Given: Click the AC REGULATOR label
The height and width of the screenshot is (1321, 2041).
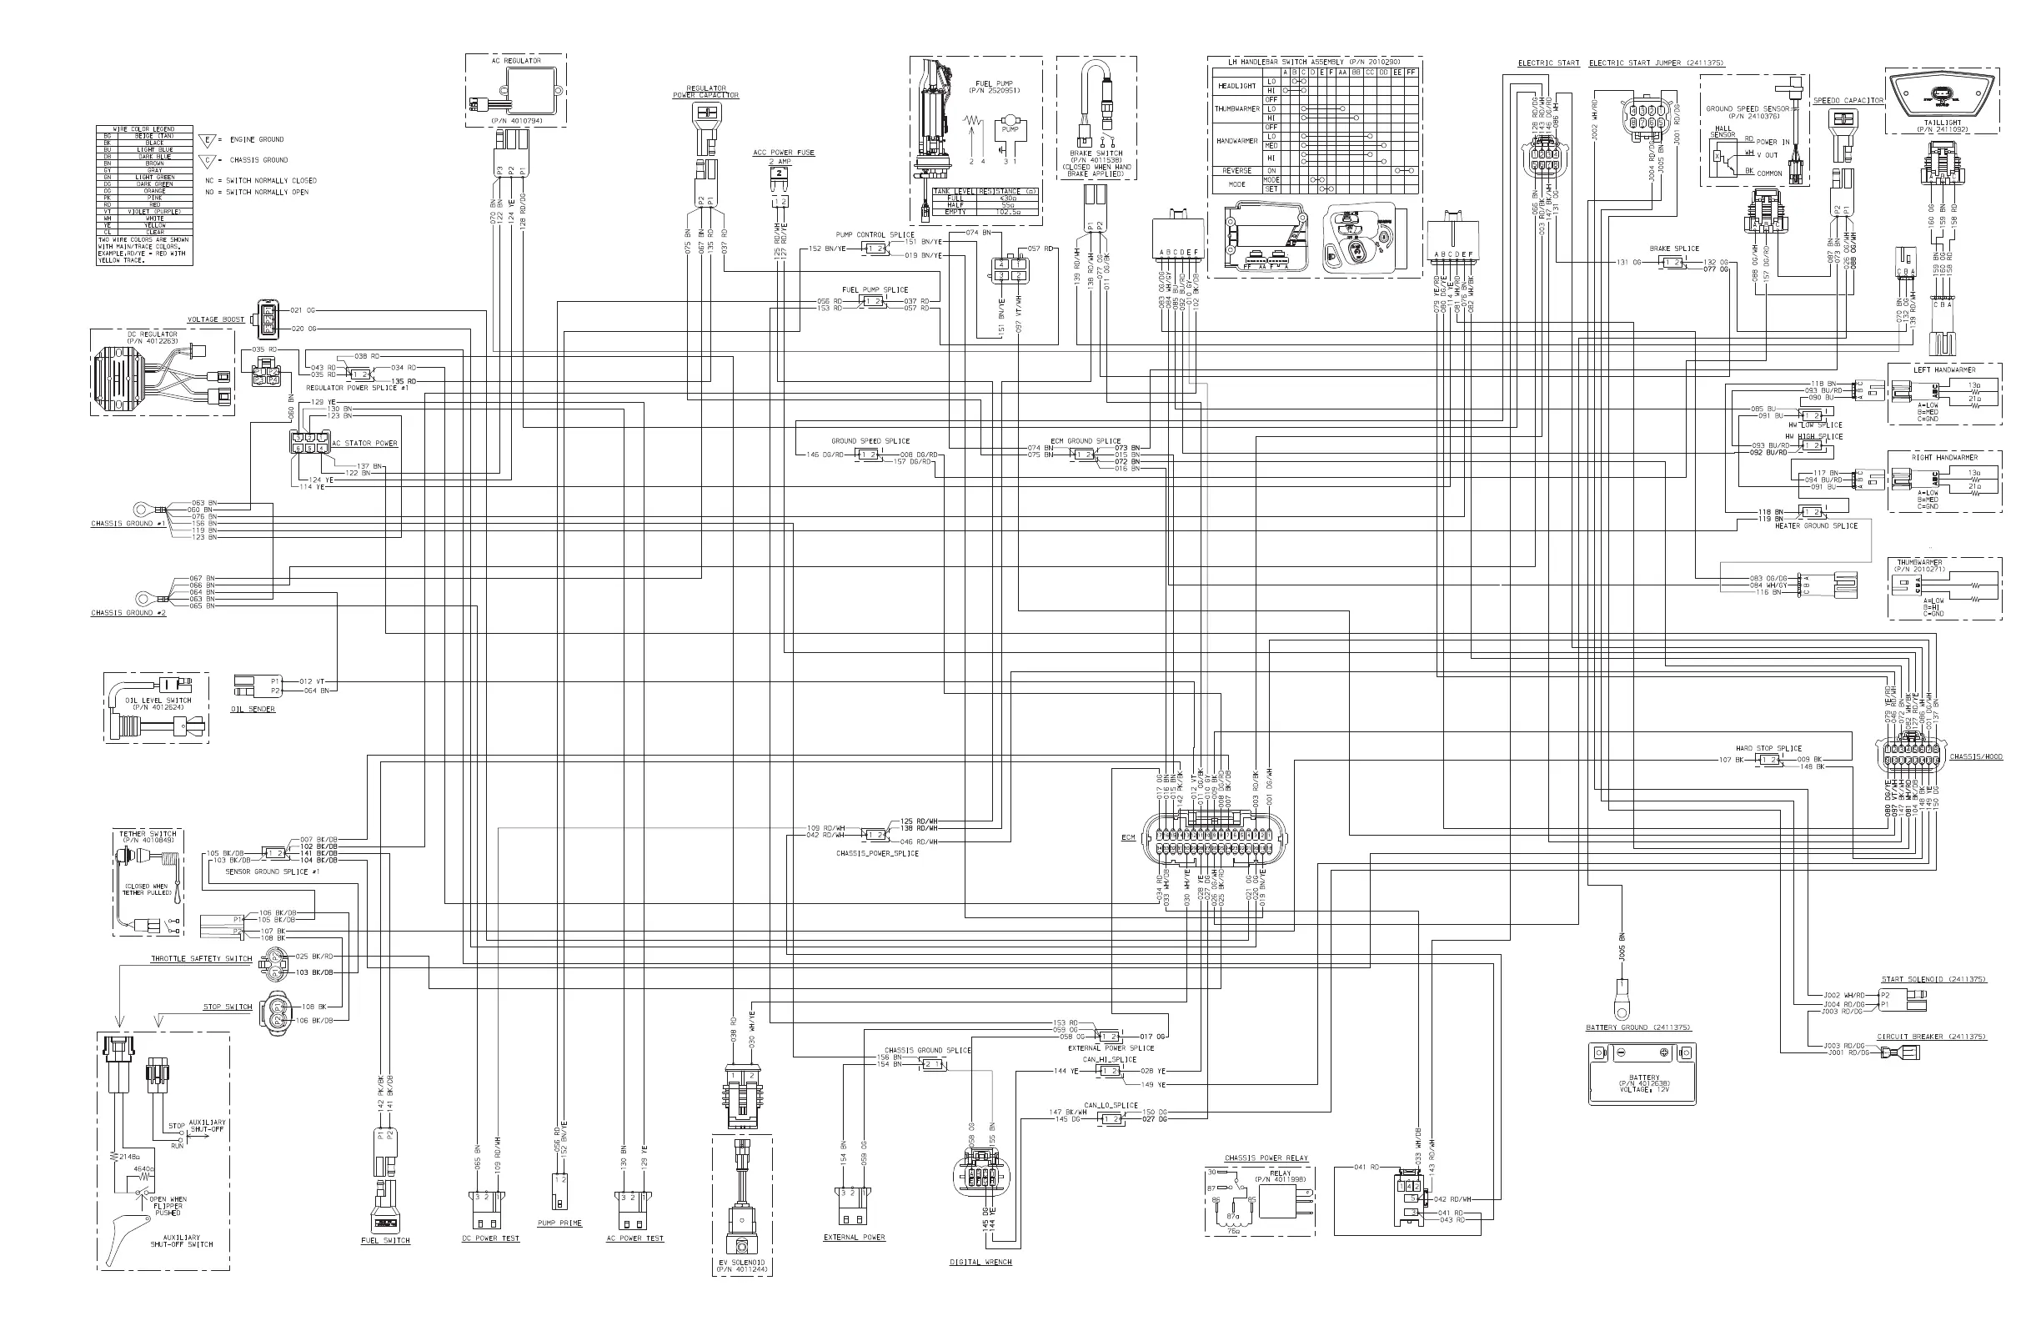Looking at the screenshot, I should (515, 61).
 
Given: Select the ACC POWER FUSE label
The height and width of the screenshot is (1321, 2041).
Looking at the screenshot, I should (784, 153).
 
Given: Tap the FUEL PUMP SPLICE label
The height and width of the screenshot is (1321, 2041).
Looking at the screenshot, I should (875, 290).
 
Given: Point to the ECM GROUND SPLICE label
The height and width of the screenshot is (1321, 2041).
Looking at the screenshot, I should (1085, 441).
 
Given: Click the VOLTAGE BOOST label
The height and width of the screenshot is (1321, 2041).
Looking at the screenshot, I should (216, 320).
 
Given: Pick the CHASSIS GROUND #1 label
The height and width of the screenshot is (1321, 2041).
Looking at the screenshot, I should (128, 523).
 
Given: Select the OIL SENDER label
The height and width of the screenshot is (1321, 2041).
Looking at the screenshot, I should (253, 710).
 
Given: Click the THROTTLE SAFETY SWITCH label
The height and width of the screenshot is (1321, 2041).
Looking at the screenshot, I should (202, 959).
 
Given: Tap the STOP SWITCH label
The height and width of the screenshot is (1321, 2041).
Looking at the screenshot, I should (228, 1007).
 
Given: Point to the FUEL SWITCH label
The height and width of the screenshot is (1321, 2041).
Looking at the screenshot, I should (385, 1240).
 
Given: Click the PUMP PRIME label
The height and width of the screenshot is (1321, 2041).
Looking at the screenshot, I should (559, 1223).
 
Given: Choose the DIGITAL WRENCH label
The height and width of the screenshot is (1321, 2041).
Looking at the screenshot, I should (980, 1262).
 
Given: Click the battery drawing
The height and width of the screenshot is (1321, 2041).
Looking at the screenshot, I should (1642, 1074).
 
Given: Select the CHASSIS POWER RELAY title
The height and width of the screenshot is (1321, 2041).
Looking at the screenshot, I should (1266, 1158).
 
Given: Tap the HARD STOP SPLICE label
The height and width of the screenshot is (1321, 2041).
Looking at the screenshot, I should (1768, 748).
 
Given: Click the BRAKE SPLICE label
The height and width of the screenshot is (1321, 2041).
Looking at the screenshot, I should (1674, 249).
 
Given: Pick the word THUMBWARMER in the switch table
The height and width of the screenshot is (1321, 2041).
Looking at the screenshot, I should (1236, 109).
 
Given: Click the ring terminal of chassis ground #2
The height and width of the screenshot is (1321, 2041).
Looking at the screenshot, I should (143, 597).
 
